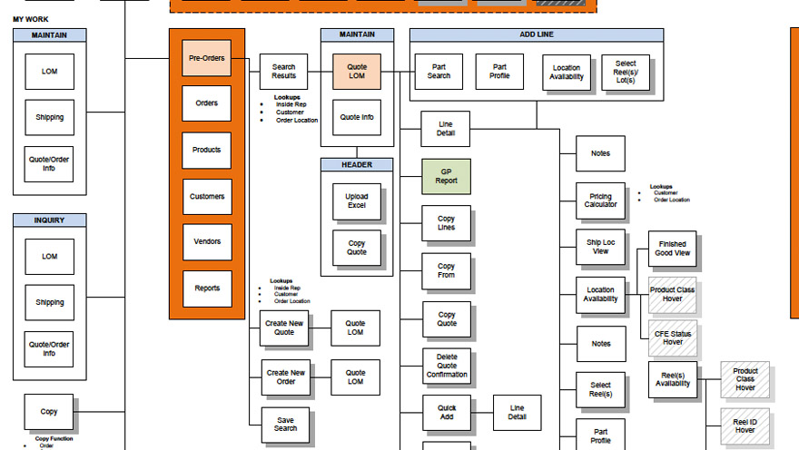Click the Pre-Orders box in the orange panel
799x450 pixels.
(x=206, y=58)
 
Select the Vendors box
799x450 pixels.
(x=206, y=242)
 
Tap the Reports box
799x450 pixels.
(x=206, y=289)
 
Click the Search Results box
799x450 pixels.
(x=284, y=72)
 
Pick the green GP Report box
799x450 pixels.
(x=446, y=176)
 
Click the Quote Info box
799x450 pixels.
(x=356, y=117)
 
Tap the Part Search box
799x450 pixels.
(x=439, y=72)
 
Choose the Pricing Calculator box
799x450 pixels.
(x=600, y=200)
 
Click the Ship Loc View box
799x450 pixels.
(x=600, y=247)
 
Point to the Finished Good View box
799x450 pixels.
(x=673, y=249)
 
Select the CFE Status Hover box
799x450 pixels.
(x=673, y=337)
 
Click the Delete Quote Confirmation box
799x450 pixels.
(x=447, y=367)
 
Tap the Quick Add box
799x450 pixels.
(x=447, y=413)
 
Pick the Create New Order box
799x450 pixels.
(x=284, y=377)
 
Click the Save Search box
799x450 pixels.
(x=284, y=424)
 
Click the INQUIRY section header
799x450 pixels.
(x=50, y=220)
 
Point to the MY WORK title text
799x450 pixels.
(x=31, y=19)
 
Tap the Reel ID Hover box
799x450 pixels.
(x=745, y=426)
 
